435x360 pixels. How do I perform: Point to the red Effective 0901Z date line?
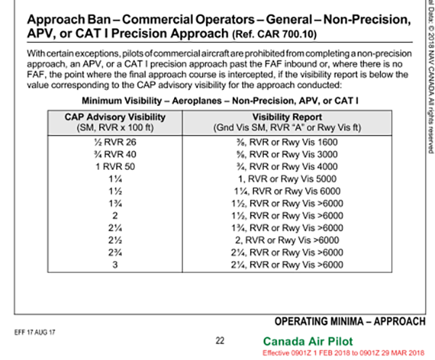pyautogui.click(x=344, y=352)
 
